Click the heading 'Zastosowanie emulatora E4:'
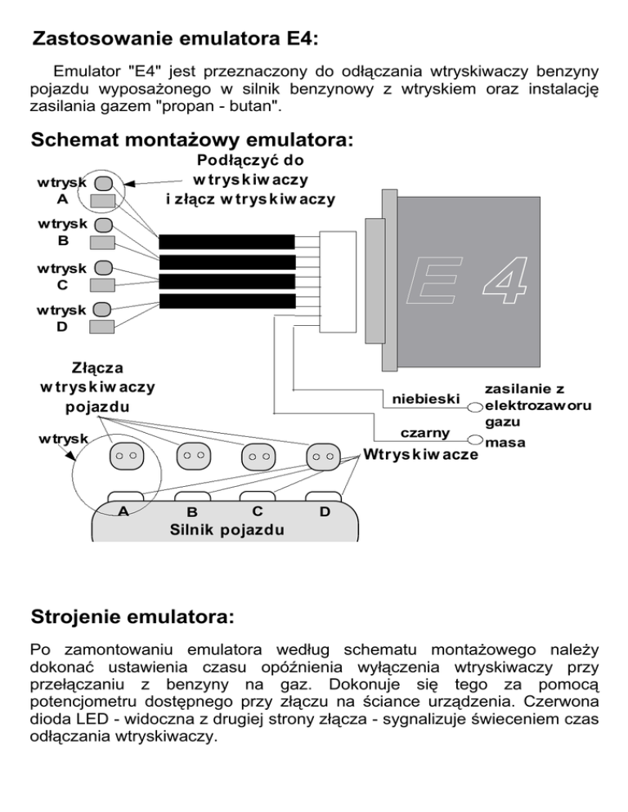coord(174,38)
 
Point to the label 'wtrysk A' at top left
coord(51,190)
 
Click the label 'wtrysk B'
coord(51,233)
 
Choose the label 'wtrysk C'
coord(51,276)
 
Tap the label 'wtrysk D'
coord(51,319)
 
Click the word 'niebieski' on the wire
coord(426,399)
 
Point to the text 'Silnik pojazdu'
coord(227,529)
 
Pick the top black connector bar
coord(227,242)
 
